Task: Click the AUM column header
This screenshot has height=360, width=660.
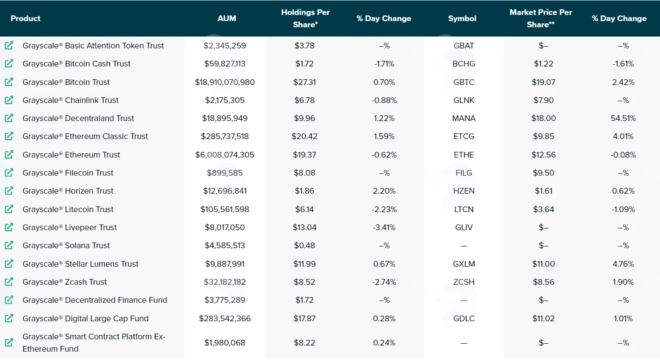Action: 227,18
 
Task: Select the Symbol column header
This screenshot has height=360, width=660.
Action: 462,18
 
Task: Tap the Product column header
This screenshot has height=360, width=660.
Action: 26,18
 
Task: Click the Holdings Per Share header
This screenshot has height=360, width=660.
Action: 305,18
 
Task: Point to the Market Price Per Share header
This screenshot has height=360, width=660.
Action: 541,18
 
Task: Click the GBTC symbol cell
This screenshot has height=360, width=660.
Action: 464,82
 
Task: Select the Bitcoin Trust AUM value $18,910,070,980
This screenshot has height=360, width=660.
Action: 224,82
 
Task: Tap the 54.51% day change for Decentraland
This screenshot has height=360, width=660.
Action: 623,118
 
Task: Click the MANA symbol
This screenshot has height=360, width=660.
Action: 464,118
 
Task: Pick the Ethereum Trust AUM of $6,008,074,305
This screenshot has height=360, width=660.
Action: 224,154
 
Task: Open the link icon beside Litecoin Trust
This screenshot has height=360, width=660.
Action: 9,209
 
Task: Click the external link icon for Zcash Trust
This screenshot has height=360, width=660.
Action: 9,282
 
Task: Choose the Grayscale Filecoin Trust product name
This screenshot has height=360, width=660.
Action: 68,173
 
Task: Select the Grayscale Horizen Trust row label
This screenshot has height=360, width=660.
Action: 68,191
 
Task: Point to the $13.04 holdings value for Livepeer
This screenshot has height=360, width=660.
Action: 304,228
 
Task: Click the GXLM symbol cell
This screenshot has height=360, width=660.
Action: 464,264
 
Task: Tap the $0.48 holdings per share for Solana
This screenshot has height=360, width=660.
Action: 304,246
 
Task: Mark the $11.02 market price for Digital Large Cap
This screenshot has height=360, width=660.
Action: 543,319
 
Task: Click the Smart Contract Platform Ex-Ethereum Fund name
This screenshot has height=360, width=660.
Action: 94,343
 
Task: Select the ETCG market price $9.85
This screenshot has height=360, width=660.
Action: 543,136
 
